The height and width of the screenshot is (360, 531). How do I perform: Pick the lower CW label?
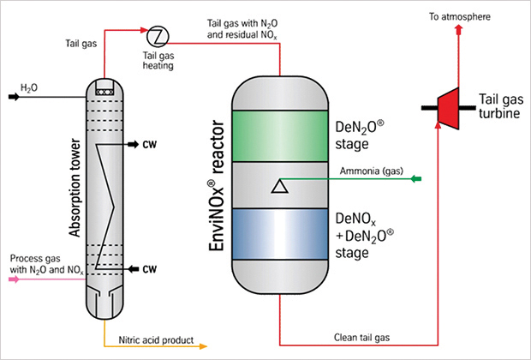point(149,269)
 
